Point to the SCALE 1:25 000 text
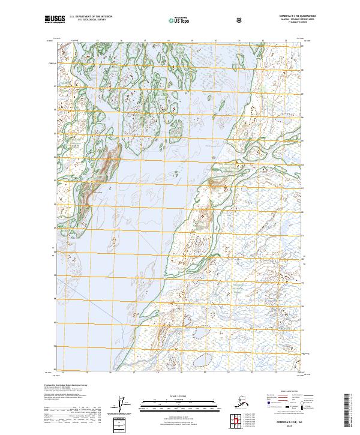coord(179,396)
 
